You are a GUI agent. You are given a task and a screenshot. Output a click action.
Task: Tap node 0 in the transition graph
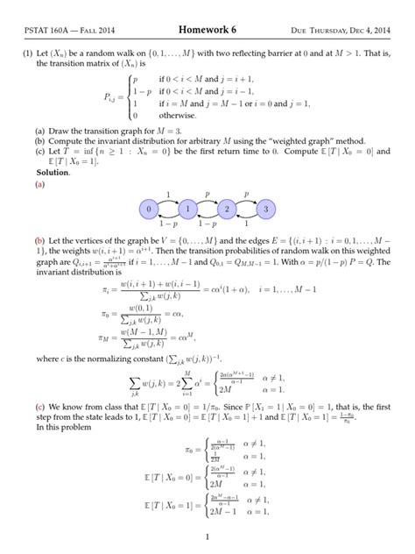[x=149, y=210]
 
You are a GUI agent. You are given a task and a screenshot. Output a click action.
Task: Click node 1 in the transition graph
[x=187, y=210]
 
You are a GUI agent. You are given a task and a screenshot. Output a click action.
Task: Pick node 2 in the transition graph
[x=227, y=210]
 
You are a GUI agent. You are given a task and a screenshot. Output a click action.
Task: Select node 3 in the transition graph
[x=265, y=210]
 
